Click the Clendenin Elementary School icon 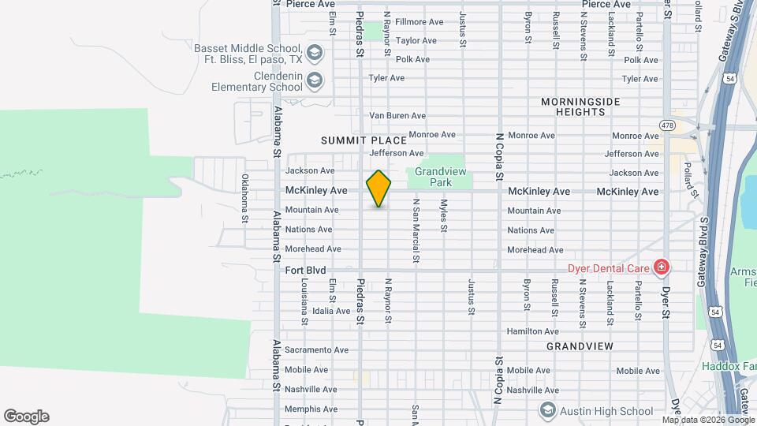coord(315,80)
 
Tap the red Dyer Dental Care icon coord(662,268)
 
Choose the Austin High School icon coord(547,410)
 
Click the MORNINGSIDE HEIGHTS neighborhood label coord(580,107)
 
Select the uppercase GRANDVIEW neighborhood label coord(580,346)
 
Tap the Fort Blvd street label coord(304,270)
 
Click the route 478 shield coord(668,125)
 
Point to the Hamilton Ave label coord(533,331)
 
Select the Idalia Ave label coord(331,311)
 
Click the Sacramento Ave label coord(316,349)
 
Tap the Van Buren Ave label coord(397,116)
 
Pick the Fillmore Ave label coord(419,22)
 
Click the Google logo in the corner coord(26,417)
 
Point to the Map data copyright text coord(708,420)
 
